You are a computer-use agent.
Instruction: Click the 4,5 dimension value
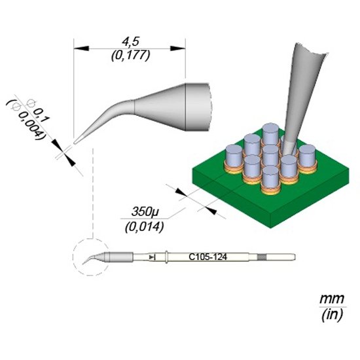coord(131,42)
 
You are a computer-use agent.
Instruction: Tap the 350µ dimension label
coord(145,211)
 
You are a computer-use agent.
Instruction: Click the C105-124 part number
coord(207,257)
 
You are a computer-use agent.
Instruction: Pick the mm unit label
coord(332,299)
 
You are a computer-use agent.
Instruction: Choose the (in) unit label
coord(332,315)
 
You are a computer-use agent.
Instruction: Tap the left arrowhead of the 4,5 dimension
coord(81,48)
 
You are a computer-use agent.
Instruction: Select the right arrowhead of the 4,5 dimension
coord(177,48)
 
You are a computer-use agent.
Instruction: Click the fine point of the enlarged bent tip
coord(75,143)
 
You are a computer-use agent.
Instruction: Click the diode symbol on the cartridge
coord(153,257)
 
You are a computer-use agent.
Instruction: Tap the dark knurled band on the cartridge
coord(262,257)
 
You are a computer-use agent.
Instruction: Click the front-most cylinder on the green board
coord(271,179)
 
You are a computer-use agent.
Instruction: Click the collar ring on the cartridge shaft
coord(166,257)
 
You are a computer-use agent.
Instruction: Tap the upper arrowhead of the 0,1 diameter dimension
coord(56,145)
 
